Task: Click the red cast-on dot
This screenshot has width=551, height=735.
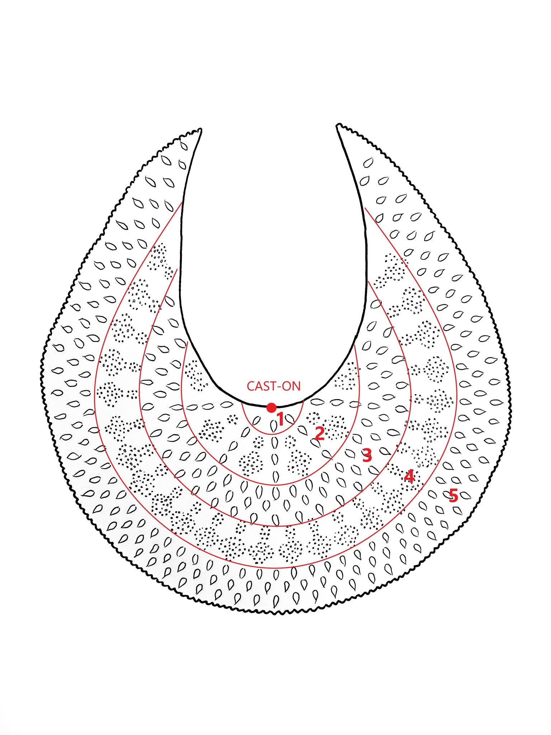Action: pyautogui.click(x=272, y=408)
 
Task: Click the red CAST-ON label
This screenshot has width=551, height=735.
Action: pyautogui.click(x=273, y=386)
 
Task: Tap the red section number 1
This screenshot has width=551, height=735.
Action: pyautogui.click(x=281, y=419)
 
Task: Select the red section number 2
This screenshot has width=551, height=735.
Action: pyautogui.click(x=319, y=434)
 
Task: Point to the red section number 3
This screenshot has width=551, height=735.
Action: pyautogui.click(x=367, y=455)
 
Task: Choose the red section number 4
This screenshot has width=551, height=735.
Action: pyautogui.click(x=409, y=476)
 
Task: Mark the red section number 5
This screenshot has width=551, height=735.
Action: pyautogui.click(x=453, y=496)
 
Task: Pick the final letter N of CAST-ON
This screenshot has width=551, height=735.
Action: pyautogui.click(x=296, y=386)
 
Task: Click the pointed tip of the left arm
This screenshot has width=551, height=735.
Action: pyautogui.click(x=201, y=129)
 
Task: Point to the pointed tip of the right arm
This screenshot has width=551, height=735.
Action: pyautogui.click(x=338, y=125)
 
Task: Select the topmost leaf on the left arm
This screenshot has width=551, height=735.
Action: pyautogui.click(x=184, y=145)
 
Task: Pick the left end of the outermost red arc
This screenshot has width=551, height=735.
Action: pyautogui.click(x=182, y=202)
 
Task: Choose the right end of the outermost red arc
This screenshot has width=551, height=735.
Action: pyautogui.click(x=365, y=208)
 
